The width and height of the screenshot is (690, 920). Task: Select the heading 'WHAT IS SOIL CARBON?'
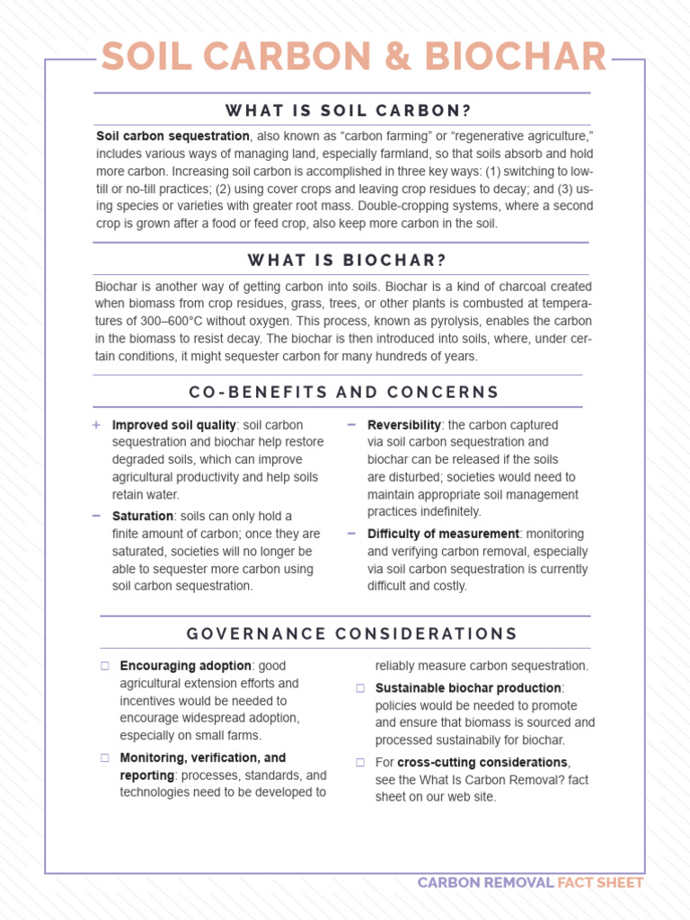point(349,111)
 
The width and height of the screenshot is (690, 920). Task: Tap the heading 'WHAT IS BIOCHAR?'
point(348,261)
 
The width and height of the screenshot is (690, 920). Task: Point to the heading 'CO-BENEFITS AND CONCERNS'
point(344,392)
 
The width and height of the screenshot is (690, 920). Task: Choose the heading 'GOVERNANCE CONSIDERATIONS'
point(352,633)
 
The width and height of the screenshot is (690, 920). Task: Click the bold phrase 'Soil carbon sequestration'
point(172,136)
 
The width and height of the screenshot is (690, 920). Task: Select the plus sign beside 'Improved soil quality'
point(96,425)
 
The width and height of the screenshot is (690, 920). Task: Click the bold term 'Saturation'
point(142,517)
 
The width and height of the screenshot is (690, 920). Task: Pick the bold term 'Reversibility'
point(404,425)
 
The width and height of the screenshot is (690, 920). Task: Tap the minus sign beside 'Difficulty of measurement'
point(351,534)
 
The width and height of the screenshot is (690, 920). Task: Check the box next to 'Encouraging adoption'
point(104,667)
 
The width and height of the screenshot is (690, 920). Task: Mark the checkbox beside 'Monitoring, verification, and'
point(104,758)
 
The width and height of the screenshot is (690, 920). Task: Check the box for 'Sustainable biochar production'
point(359,688)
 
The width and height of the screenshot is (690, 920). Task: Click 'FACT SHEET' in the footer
point(600,883)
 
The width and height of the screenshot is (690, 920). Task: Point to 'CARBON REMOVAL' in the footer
point(485,883)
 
